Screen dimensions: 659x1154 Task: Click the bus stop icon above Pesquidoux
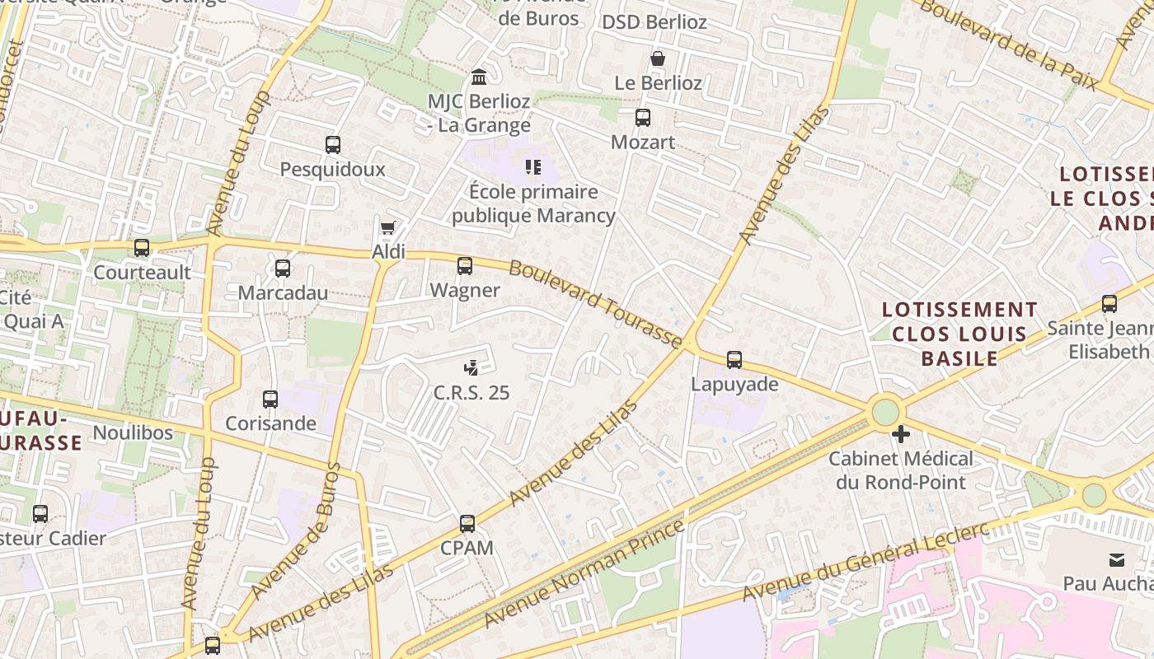333,145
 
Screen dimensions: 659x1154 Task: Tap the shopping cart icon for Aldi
387,228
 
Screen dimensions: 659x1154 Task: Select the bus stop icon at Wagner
465,266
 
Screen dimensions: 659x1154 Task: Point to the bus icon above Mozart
643,118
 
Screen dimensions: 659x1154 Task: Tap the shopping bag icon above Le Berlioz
658,58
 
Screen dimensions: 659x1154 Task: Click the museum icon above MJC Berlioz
478,77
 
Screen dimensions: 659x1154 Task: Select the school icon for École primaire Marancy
533,168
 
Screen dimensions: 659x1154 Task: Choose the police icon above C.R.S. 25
471,368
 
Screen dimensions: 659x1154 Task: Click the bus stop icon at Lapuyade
734,360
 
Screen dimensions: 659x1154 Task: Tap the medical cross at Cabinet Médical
901,433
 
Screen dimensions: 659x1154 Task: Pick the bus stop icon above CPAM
467,524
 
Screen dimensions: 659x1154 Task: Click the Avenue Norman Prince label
584,573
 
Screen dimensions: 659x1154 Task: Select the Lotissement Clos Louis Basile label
959,334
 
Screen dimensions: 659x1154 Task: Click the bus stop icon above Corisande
270,400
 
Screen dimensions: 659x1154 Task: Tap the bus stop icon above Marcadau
283,269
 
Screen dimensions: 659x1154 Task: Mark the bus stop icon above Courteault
142,248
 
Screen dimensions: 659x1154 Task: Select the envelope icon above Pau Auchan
1116,560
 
